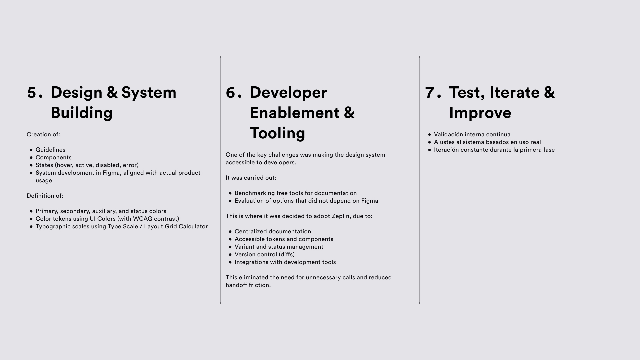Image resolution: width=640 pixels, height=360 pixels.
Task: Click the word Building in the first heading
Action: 82,113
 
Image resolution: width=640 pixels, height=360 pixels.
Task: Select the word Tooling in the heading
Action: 277,133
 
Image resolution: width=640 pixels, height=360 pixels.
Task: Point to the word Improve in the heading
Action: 480,113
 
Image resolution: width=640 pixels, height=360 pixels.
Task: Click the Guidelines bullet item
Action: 50,150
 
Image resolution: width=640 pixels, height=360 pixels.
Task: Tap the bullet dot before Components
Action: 31,158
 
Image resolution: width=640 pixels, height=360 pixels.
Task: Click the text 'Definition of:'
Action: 45,196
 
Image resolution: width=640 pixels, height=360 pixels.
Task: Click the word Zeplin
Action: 341,216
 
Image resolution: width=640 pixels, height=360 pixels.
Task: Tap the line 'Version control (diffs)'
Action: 265,254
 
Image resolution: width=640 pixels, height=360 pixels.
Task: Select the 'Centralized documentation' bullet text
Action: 273,231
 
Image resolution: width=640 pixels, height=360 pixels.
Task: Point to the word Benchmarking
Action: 255,193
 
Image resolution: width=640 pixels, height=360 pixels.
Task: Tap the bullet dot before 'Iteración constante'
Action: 430,150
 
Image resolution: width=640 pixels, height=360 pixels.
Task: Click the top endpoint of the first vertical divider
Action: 221,57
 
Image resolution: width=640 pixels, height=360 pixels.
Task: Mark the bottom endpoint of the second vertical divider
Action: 420,303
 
